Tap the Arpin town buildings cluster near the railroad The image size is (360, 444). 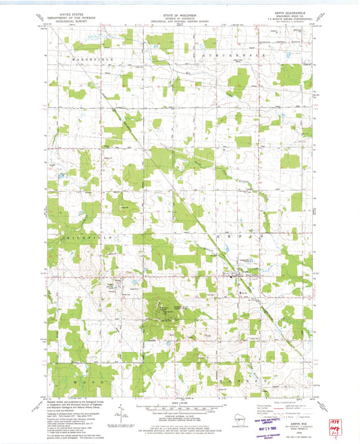[234, 274]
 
